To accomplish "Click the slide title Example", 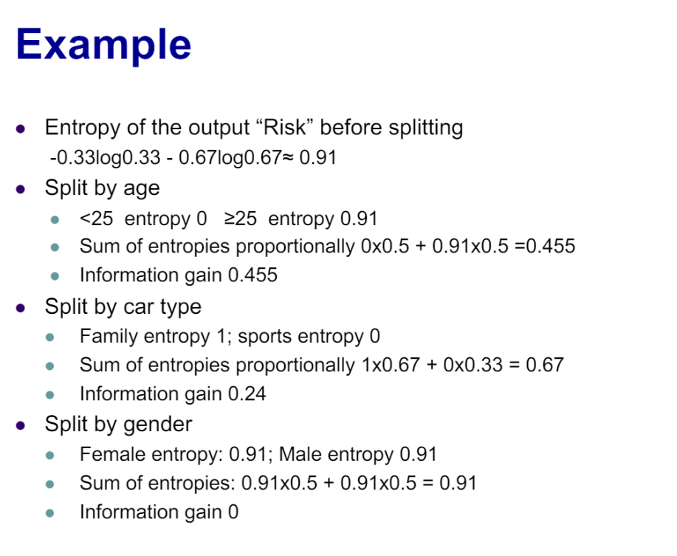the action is tap(103, 45).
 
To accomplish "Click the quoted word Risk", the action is tap(285, 127).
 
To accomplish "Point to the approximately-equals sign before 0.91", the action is tap(287, 158).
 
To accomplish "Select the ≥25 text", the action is tap(241, 219).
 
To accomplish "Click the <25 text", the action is tap(96, 219).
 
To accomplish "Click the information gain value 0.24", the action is tap(247, 394).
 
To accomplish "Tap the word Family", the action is tap(109, 336).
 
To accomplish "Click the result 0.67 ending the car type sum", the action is tap(545, 365).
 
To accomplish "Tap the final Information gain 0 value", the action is tap(233, 512).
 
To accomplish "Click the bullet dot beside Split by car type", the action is tap(20, 308).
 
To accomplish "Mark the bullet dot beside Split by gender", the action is tap(20, 425).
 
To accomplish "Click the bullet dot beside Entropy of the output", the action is tap(20, 128).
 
